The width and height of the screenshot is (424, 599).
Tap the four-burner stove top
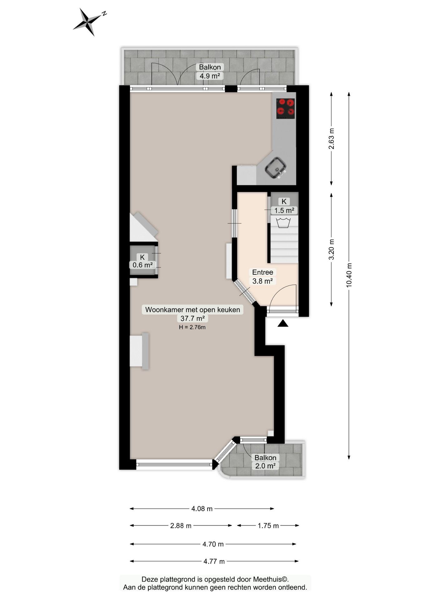click(x=285, y=109)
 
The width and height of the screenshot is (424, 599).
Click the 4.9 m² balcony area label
click(x=210, y=76)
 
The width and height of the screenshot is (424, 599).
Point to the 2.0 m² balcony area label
click(x=265, y=466)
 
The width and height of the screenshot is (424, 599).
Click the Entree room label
click(x=263, y=272)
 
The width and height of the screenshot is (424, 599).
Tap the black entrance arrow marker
click(x=283, y=324)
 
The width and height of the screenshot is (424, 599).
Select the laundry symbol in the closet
click(x=283, y=223)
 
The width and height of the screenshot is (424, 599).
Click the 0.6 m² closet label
click(x=142, y=265)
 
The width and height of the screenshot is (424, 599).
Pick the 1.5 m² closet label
click(x=284, y=211)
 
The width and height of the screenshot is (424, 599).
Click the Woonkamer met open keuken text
click(x=193, y=310)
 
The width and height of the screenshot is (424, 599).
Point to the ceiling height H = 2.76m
click(x=192, y=327)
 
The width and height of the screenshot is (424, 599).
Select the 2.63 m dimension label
click(x=332, y=139)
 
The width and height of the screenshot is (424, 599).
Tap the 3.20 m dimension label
click(x=332, y=249)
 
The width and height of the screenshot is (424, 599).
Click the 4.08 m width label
click(x=202, y=509)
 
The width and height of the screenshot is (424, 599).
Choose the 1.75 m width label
click(x=268, y=526)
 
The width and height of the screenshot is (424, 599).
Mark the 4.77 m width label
click(x=214, y=561)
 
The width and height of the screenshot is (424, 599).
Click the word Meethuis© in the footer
click(x=271, y=579)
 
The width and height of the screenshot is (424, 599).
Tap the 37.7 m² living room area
click(x=193, y=319)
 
